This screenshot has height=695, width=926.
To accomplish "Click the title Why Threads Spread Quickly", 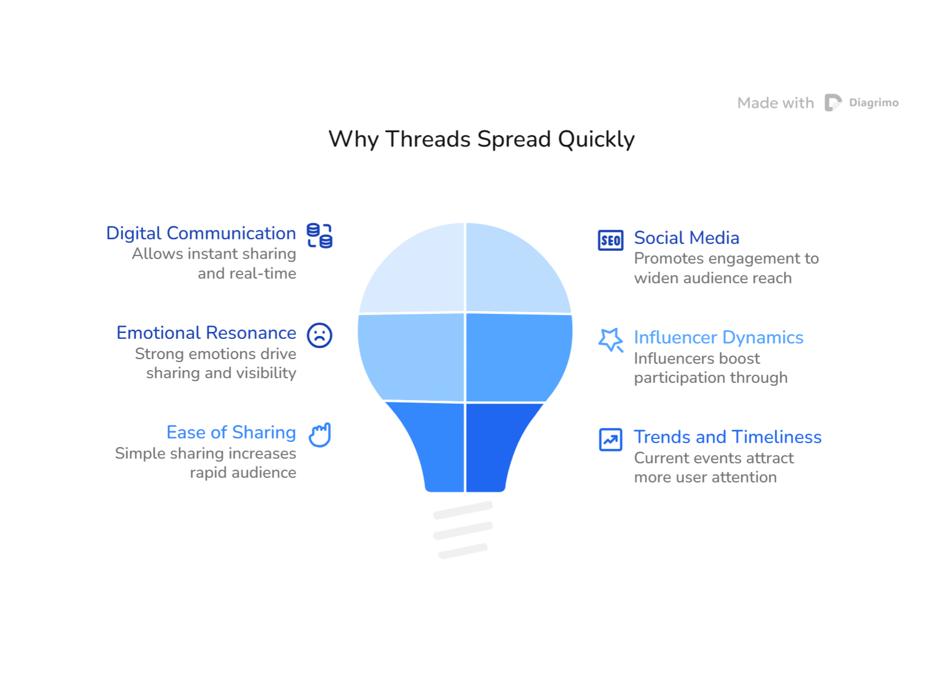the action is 481,139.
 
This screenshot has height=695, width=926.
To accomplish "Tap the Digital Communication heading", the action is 201,233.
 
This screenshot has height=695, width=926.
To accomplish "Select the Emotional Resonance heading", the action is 206,333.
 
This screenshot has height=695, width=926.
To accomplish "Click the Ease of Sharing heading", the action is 231,433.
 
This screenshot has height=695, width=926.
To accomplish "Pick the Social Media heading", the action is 686,238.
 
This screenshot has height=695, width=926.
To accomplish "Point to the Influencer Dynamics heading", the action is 719,338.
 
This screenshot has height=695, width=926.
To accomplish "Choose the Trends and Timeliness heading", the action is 728,437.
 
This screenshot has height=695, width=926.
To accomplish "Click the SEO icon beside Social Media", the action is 610,240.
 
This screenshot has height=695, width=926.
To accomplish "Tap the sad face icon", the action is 319,335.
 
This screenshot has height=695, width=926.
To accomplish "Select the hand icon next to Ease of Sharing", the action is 320,435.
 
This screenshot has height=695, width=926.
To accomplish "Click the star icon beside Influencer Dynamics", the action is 610,339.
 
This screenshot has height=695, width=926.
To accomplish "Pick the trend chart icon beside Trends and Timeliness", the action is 610,440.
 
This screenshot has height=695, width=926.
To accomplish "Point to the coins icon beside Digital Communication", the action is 319,235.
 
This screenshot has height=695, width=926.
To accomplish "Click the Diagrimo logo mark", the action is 833,103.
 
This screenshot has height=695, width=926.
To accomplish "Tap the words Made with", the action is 775,103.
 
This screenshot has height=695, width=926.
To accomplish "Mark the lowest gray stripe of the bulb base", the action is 463,551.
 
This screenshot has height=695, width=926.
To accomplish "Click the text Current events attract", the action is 714,458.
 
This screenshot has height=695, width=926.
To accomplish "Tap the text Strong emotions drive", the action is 215,354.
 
